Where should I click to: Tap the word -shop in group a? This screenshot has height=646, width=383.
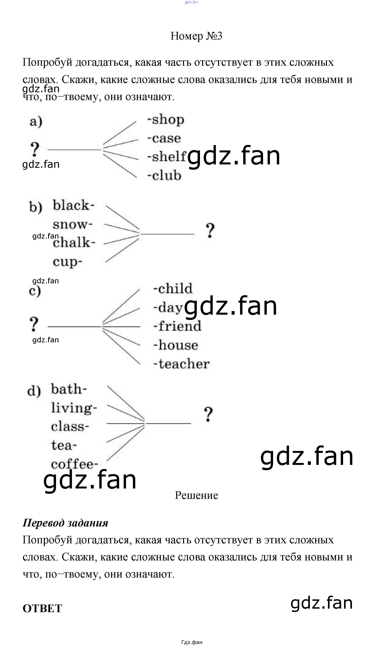pyautogui.click(x=166, y=120)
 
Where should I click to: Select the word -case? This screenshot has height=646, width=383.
pyautogui.click(x=164, y=138)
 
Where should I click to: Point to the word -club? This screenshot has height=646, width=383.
pyautogui.click(x=164, y=175)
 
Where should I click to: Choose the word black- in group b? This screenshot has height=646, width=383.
pyautogui.click(x=74, y=206)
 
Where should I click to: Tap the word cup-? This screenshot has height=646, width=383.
pyautogui.click(x=68, y=262)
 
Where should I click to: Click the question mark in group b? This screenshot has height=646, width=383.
pyautogui.click(x=210, y=230)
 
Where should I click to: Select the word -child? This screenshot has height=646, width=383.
pyautogui.click(x=173, y=288)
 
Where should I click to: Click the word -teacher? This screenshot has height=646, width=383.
pyautogui.click(x=181, y=364)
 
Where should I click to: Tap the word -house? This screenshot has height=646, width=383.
pyautogui.click(x=176, y=345)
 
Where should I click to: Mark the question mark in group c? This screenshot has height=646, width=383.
pyautogui.click(x=34, y=324)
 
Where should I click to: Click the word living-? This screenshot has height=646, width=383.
pyautogui.click(x=74, y=408)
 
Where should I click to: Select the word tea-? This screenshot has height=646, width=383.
pyautogui.click(x=64, y=445)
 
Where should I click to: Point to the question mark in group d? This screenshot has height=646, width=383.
pyautogui.click(x=208, y=414)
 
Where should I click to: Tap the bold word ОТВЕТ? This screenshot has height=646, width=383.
pyautogui.click(x=42, y=608)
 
